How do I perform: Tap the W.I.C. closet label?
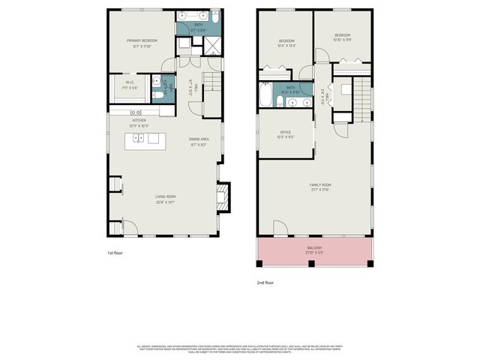130,85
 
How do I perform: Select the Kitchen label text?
139,123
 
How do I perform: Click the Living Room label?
165,199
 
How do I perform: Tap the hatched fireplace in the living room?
223,199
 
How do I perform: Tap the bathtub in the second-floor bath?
265,97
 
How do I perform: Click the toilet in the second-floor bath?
278,101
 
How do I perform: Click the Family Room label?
321,187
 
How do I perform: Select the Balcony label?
314,250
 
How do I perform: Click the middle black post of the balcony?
315,263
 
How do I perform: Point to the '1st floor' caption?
115,253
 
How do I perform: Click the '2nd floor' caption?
265,283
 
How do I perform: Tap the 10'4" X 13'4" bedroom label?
286,43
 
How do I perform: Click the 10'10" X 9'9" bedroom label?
343,37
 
